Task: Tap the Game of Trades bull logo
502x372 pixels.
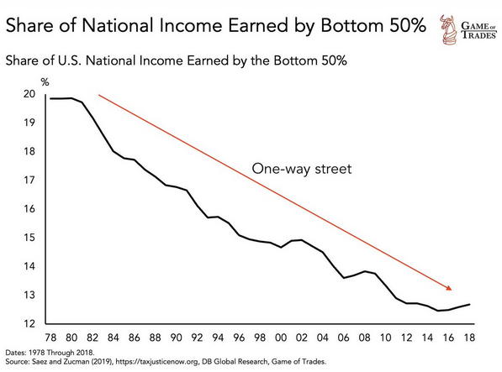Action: pyautogui.click(x=448, y=29)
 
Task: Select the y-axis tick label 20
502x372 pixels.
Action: pyautogui.click(x=29, y=94)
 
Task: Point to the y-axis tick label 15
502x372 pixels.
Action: pyautogui.click(x=29, y=238)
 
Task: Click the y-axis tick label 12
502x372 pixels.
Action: pyautogui.click(x=29, y=324)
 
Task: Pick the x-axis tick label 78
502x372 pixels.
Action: pyautogui.click(x=50, y=338)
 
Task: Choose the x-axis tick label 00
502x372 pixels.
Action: pyautogui.click(x=281, y=338)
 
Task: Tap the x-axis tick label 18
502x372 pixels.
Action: pyautogui.click(x=469, y=338)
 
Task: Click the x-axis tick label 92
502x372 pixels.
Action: pyautogui.click(x=198, y=338)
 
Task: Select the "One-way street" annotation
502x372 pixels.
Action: pyautogui.click(x=302, y=169)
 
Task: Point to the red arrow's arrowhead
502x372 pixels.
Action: pyautogui.click(x=449, y=288)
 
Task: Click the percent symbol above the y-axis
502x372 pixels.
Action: pyautogui.click(x=45, y=82)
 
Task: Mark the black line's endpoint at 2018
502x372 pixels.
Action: pyautogui.click(x=470, y=304)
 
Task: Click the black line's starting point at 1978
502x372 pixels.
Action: pyautogui.click(x=50, y=98)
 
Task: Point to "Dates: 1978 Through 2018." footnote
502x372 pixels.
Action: pyautogui.click(x=50, y=353)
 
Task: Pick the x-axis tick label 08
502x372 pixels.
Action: pyautogui.click(x=364, y=338)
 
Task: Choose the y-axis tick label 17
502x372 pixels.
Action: pyautogui.click(x=29, y=181)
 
